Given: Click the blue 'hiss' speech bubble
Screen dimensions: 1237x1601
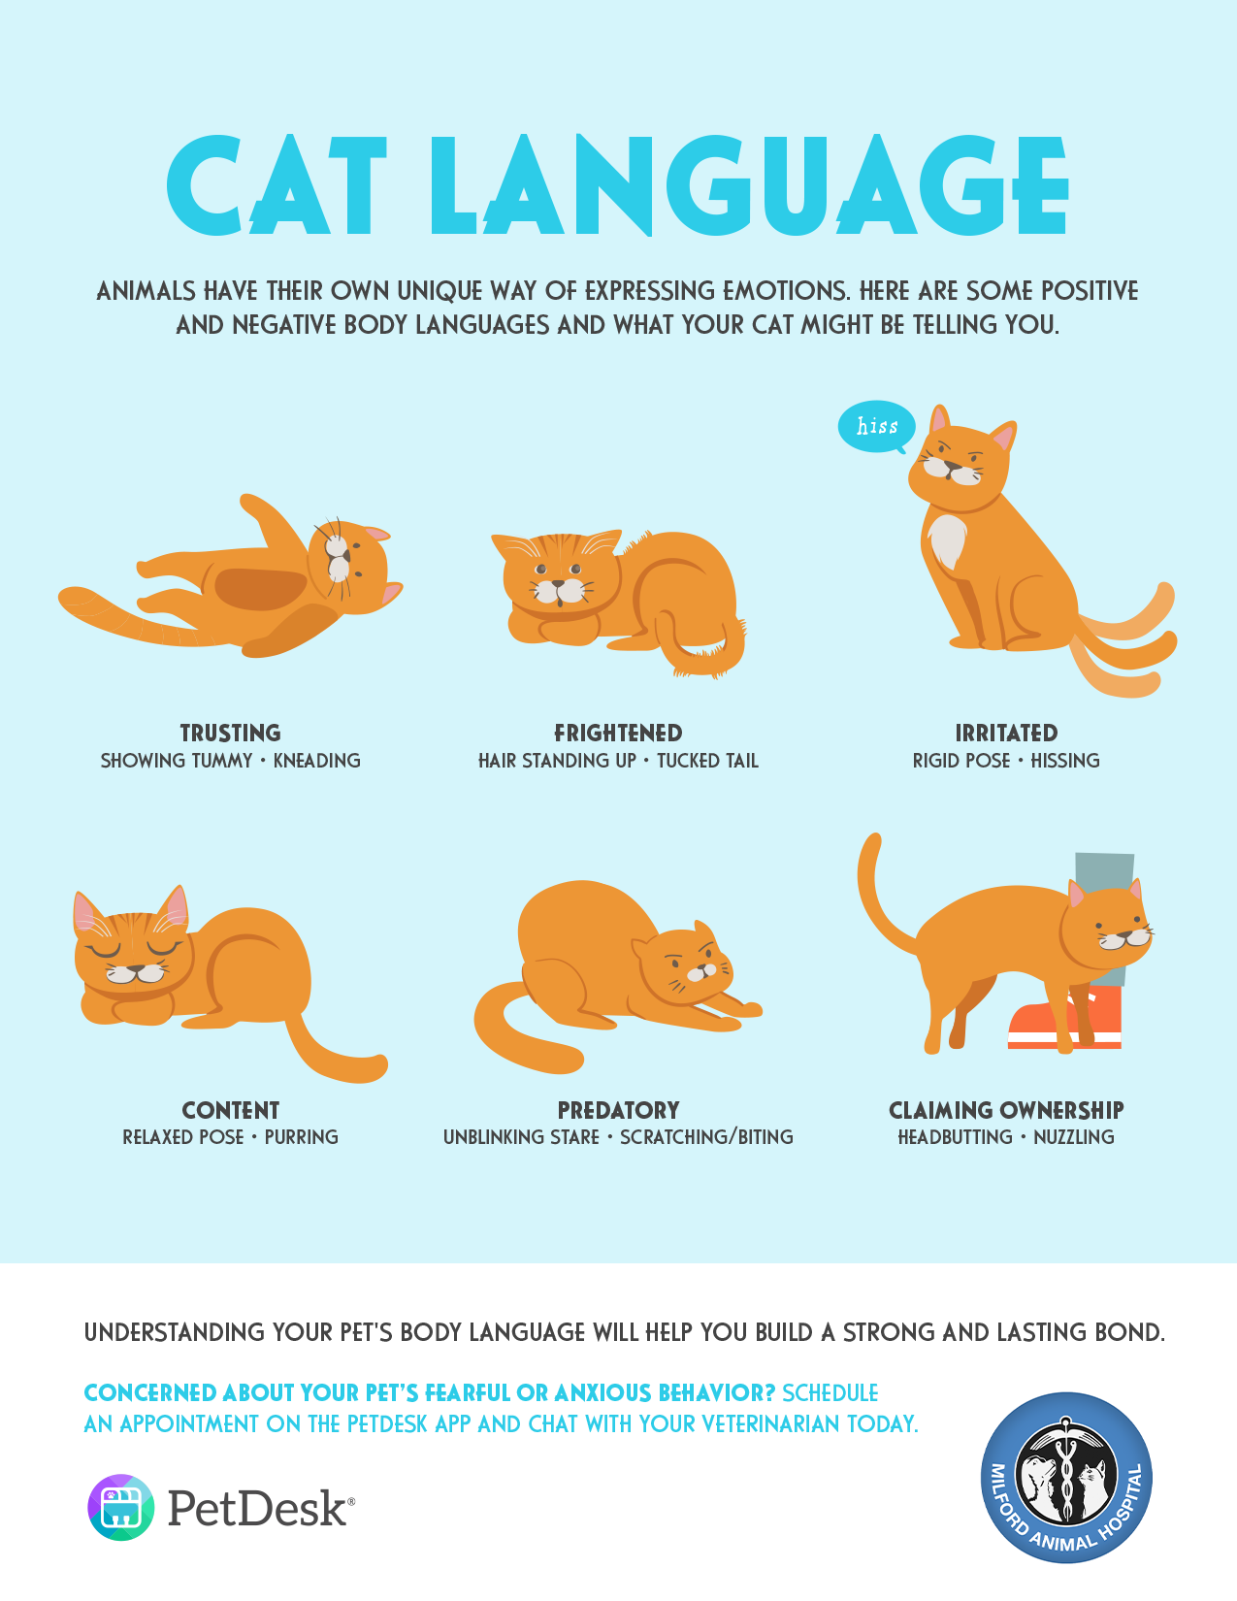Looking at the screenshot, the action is click(876, 427).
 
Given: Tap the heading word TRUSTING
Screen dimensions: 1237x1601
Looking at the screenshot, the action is click(231, 734).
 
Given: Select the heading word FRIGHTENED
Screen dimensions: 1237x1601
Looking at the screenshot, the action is click(618, 734).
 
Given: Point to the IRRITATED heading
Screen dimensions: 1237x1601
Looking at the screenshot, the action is click(1006, 734).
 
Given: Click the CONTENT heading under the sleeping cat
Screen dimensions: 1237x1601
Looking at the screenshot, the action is click(231, 1110).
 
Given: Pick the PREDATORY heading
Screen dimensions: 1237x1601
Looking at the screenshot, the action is click(618, 1110).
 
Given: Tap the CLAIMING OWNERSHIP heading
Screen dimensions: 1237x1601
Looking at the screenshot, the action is click(1006, 1110).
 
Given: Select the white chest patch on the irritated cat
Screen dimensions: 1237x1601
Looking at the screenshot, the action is click(946, 539).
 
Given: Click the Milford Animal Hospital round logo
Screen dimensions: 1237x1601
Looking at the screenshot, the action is click(1066, 1477).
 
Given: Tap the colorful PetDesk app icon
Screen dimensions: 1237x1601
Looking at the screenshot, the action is click(121, 1508).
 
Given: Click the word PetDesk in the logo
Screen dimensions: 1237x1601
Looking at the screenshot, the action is click(259, 1508).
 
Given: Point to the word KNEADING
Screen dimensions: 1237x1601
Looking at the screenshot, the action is click(317, 761).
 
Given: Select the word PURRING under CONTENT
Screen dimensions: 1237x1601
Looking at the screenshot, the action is click(302, 1137).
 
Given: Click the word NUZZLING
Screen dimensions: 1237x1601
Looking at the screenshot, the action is click(1073, 1137).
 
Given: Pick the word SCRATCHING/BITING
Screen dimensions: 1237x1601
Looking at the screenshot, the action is click(706, 1137).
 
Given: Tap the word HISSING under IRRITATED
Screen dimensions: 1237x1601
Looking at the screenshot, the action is click(1064, 761).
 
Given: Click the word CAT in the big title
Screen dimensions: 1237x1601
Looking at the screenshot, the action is click(277, 184).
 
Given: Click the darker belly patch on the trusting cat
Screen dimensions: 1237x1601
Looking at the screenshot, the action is click(260, 589).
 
